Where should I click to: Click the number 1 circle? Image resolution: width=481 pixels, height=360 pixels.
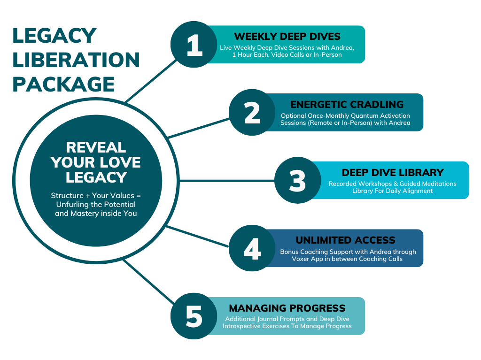point(194,45)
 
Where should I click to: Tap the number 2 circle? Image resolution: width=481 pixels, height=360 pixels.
point(252,113)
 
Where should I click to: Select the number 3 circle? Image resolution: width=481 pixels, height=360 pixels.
point(297,180)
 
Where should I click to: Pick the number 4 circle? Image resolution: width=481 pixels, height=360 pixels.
point(252,248)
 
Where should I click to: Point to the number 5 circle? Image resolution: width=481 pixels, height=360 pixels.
point(194,316)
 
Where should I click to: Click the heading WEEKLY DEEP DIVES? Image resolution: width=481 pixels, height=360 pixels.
point(287,37)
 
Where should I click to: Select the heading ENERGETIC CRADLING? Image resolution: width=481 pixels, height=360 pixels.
point(347,105)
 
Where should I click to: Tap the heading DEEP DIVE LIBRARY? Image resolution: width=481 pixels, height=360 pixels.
point(393,173)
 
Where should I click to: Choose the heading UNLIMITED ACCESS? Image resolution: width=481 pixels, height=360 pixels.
point(345,240)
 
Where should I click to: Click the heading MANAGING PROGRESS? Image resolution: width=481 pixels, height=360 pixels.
point(287,308)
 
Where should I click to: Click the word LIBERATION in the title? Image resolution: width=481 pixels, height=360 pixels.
point(76,60)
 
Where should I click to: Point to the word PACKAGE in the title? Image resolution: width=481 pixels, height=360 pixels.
point(63,84)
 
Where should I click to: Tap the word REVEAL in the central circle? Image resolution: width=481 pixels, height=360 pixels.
point(96,147)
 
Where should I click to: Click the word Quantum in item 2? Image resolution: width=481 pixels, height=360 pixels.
point(363,116)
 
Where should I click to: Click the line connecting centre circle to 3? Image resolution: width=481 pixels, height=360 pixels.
point(227,181)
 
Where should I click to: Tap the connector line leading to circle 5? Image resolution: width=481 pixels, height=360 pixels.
point(149,282)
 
